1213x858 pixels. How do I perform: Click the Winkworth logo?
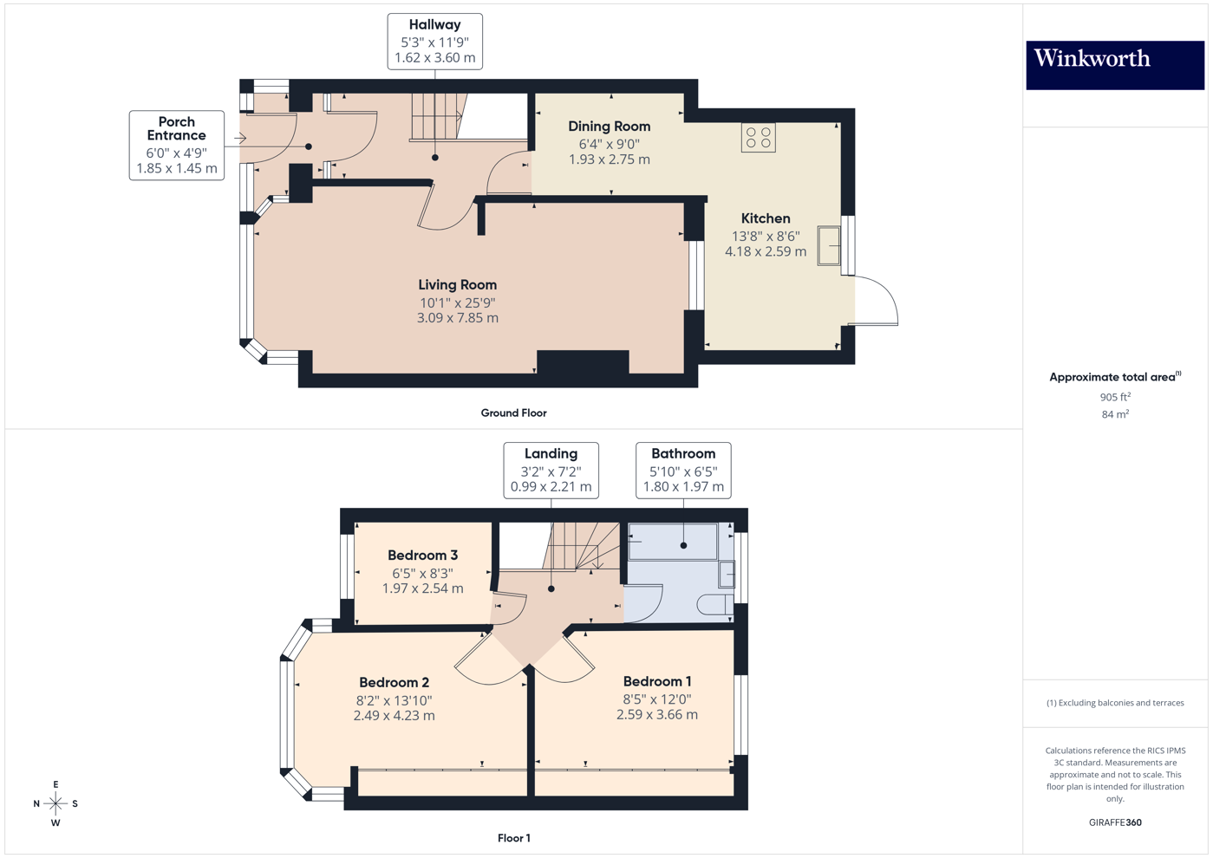pyautogui.click(x=1114, y=64)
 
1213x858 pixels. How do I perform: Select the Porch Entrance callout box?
pyautogui.click(x=177, y=145)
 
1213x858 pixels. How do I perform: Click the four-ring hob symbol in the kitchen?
pyautogui.click(x=758, y=137)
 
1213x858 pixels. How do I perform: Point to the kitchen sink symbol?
pyautogui.click(x=829, y=246)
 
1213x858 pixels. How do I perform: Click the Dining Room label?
pyautogui.click(x=609, y=127)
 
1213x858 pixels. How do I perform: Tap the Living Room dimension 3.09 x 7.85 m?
pyautogui.click(x=457, y=318)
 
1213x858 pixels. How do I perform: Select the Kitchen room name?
pyautogui.click(x=765, y=218)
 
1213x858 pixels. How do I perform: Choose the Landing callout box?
pyautogui.click(x=551, y=470)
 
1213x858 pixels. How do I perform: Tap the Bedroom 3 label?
pyautogui.click(x=422, y=556)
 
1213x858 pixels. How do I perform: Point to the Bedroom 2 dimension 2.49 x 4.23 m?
pyautogui.click(x=394, y=716)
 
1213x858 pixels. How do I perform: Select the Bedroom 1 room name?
pyautogui.click(x=656, y=681)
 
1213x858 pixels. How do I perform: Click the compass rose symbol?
pyautogui.click(x=55, y=804)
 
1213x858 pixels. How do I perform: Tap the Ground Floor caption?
pyautogui.click(x=513, y=413)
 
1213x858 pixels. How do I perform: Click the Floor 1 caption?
pyautogui.click(x=513, y=838)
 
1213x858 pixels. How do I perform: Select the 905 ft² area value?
pyautogui.click(x=1115, y=397)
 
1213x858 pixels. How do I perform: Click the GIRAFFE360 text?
pyautogui.click(x=1115, y=822)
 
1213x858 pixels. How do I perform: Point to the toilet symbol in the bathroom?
pyautogui.click(x=715, y=604)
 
